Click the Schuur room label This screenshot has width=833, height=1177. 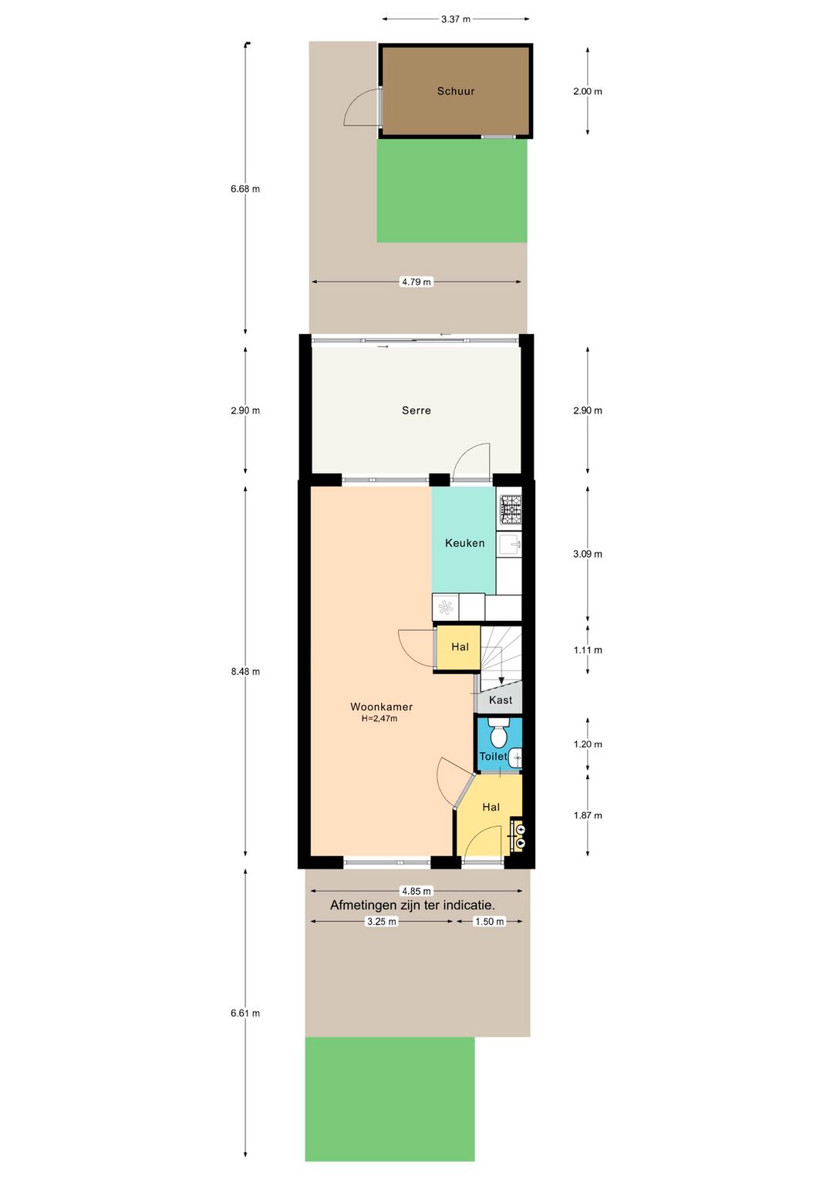456,91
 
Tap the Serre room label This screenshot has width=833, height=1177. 416,410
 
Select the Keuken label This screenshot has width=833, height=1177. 464,543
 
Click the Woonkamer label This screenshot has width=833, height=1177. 381,707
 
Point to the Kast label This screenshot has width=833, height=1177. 501,700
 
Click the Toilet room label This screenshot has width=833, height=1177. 493,756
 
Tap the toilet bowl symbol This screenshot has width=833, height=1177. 497,733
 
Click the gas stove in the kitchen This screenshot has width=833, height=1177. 511,510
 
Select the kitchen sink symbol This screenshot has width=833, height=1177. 510,545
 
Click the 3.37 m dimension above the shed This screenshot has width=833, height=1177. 456,19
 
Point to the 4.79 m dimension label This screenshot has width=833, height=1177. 416,282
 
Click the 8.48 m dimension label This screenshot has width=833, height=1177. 245,672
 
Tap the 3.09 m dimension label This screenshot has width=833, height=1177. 588,554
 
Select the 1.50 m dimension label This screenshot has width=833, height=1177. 489,921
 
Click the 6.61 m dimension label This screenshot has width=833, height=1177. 245,1013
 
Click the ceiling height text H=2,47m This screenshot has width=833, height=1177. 379,719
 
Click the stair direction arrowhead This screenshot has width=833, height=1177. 501,681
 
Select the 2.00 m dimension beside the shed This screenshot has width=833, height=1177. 588,92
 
